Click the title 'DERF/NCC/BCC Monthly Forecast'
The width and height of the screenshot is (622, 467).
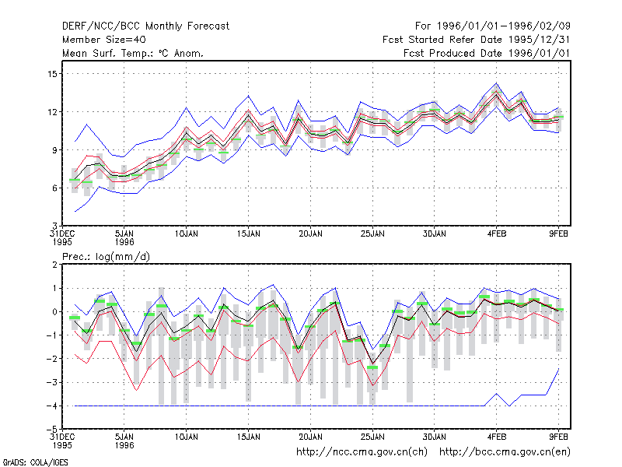(x=145, y=26)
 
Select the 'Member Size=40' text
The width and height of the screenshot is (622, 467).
(x=104, y=40)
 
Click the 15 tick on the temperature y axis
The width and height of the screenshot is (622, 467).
(x=52, y=74)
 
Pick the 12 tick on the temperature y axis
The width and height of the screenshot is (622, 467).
(x=52, y=112)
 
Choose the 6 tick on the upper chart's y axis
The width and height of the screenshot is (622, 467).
(x=54, y=188)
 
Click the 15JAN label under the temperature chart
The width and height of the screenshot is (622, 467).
(x=249, y=234)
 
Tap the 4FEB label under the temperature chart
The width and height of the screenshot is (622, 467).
(x=497, y=234)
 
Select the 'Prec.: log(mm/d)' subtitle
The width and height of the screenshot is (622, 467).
(x=106, y=257)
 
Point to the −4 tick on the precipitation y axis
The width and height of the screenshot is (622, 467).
(x=51, y=406)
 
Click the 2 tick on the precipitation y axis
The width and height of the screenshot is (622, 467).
(x=54, y=265)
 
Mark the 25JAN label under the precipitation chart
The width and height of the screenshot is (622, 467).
(x=372, y=437)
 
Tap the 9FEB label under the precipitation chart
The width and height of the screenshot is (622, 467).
(x=558, y=437)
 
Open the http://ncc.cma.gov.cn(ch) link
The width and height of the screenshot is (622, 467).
(x=362, y=452)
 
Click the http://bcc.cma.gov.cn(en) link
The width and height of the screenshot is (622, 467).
(x=505, y=452)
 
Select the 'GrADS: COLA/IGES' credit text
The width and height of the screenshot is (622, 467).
(x=35, y=462)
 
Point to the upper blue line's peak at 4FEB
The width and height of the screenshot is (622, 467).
(x=496, y=83)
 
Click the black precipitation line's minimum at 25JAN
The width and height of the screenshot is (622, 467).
(x=372, y=363)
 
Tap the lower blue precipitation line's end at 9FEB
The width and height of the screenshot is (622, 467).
(x=558, y=369)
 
